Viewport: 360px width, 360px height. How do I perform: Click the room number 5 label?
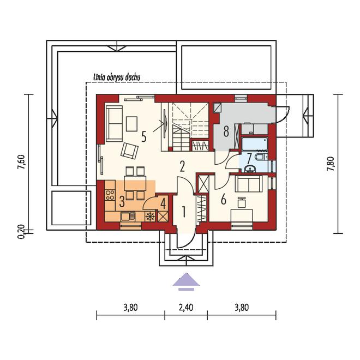point(143,137)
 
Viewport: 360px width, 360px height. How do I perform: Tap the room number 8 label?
point(226,131)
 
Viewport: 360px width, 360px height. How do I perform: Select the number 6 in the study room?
point(224,199)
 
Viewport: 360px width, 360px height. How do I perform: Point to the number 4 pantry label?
point(163,203)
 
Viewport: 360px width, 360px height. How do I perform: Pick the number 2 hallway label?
point(182,166)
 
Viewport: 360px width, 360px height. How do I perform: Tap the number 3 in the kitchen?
point(122,202)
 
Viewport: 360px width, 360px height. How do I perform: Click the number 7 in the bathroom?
point(249,158)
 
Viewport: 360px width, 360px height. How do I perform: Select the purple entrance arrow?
point(186,281)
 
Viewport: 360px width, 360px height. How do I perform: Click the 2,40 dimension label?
point(186,308)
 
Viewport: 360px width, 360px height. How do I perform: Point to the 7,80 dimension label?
point(331,164)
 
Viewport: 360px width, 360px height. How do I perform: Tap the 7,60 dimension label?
point(21,163)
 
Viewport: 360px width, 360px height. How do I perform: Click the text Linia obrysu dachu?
point(117,77)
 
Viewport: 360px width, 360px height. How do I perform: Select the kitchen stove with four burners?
point(110,195)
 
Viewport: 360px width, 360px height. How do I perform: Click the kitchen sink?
point(128,217)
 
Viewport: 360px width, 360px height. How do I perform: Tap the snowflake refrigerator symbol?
point(150,217)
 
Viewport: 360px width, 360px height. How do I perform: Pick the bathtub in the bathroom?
point(255,145)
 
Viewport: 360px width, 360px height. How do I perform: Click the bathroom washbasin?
point(250,169)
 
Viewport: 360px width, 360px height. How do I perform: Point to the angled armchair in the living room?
point(129,151)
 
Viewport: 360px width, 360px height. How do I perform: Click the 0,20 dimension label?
point(21,232)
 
